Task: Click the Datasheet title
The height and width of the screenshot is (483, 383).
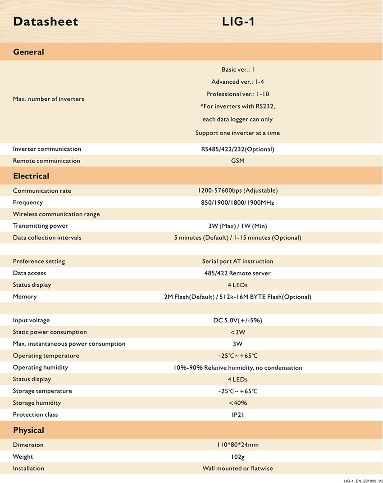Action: pos(46,22)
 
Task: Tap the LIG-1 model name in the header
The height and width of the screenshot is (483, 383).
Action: pos(238,22)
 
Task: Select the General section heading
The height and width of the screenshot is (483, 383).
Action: pos(28,52)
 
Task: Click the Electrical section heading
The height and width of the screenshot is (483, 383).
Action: pos(31,176)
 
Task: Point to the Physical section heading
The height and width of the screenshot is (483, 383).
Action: pos(28,430)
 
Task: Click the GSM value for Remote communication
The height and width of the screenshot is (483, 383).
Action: pos(237,161)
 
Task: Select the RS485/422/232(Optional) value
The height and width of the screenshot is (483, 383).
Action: pos(237,149)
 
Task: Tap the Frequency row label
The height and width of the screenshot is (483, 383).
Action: pos(28,203)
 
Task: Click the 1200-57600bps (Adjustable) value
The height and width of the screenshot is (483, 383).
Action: pos(237,190)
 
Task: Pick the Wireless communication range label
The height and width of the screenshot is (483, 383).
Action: pos(56,214)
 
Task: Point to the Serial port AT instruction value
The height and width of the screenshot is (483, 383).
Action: pos(237,262)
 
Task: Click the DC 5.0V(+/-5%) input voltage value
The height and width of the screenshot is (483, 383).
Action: pos(237,320)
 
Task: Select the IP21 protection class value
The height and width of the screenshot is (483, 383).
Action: pos(237,415)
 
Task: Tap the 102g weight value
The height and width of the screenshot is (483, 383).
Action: pos(237,457)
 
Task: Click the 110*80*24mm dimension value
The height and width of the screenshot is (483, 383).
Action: pos(237,445)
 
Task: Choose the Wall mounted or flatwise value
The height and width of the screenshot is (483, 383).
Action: pos(237,469)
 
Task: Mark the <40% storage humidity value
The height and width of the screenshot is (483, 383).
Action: pos(237,403)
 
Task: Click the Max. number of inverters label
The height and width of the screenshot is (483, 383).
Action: pos(49,99)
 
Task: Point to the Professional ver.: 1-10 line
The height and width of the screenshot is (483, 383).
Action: pos(237,94)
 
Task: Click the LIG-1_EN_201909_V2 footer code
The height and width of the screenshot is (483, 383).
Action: pos(363,480)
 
